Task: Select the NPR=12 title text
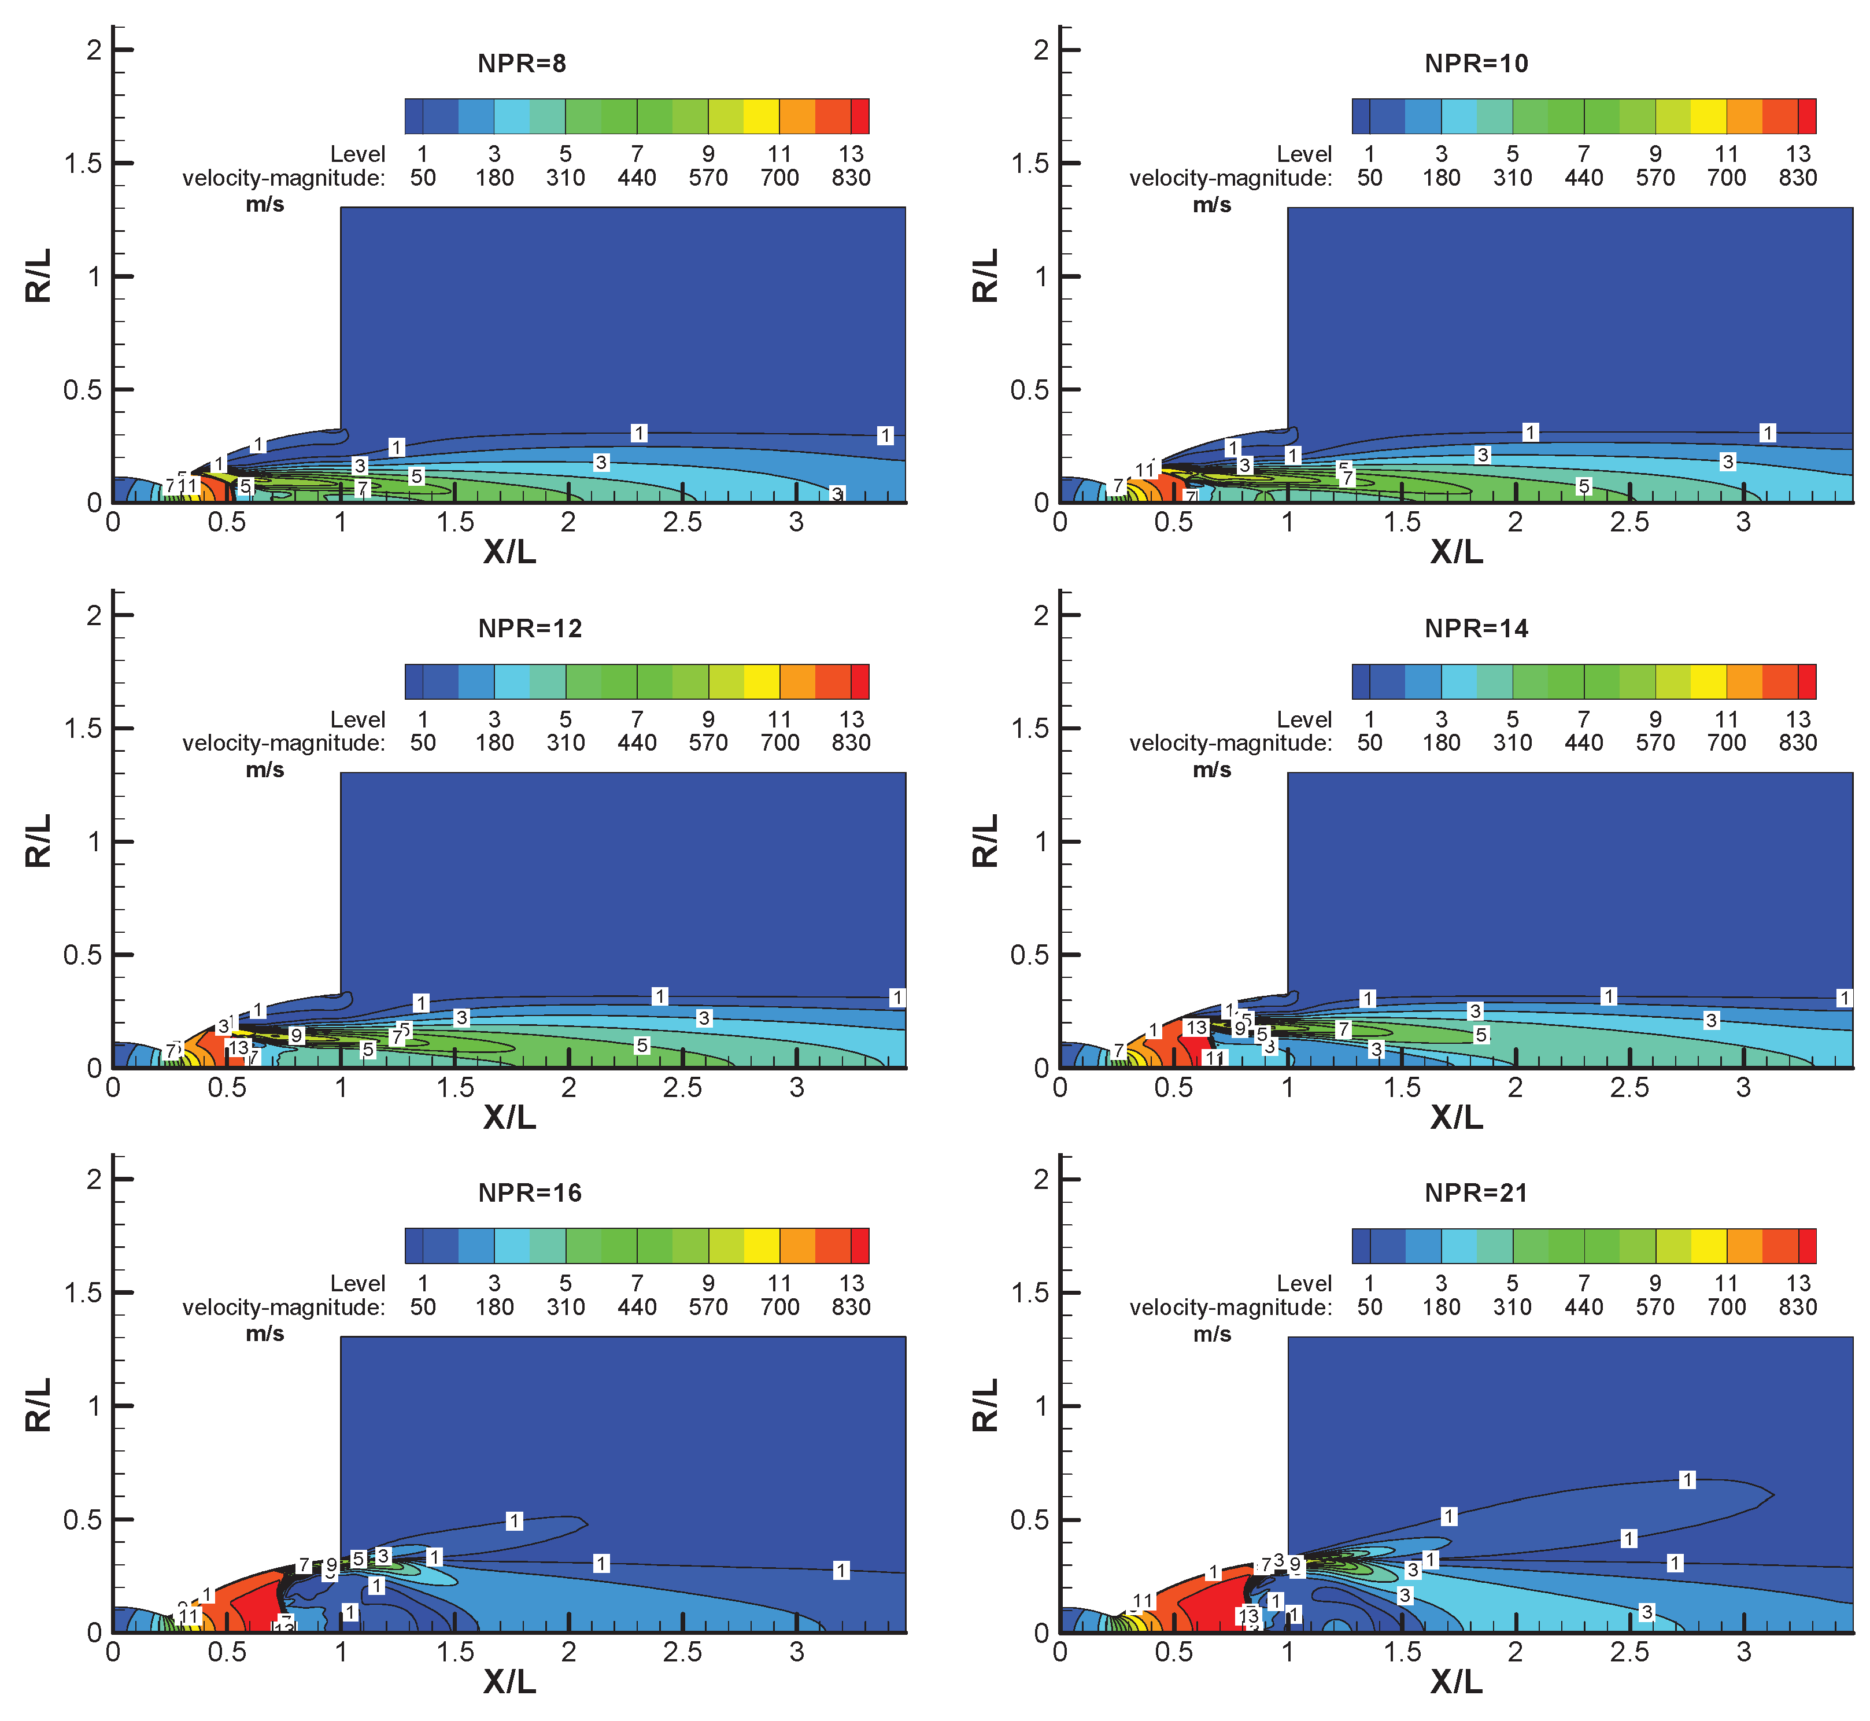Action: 529,629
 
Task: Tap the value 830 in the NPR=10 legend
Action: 1797,178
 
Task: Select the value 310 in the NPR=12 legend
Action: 566,743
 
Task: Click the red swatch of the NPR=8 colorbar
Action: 860,116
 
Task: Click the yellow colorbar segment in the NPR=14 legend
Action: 1708,682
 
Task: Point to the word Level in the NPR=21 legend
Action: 1304,1283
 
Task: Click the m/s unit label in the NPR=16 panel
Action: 264,1334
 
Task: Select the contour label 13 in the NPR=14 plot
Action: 1196,1027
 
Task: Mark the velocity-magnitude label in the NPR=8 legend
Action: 283,178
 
